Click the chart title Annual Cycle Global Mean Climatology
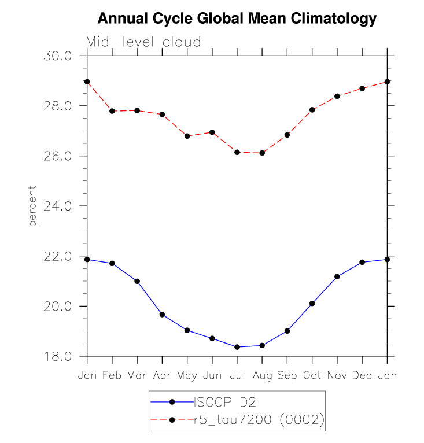coord(237,19)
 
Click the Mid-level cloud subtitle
coord(143,42)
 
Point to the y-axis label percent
coord(33,206)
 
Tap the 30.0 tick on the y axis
coord(57,56)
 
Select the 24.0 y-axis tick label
coord(57,206)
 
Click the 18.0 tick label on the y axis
coord(57,356)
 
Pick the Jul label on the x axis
coord(237,376)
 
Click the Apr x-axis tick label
coord(162,376)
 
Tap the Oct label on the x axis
coord(312,376)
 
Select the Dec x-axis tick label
coord(362,376)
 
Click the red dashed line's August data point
coord(262,153)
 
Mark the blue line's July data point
coord(237,347)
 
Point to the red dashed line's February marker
coord(112,111)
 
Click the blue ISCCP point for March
coord(137,281)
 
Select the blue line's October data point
coord(312,303)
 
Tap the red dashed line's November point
coord(337,96)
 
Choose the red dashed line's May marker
coord(187,136)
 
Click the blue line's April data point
coord(162,315)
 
